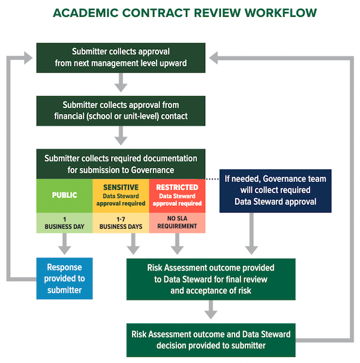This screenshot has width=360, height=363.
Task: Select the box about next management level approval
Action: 121,57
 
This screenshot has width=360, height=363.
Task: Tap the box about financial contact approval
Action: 121,110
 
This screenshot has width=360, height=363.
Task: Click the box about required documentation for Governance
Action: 121,163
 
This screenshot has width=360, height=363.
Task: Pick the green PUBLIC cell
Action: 64,195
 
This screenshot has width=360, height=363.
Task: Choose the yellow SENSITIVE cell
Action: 121,195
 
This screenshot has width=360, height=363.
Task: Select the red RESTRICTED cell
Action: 177,195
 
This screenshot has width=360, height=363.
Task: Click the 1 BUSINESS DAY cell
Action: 64,222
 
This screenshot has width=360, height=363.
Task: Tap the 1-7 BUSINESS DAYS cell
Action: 121,222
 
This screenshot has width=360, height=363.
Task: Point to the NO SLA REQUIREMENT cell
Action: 177,222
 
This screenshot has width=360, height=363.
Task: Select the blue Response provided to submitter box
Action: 64,278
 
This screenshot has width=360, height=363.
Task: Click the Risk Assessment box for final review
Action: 211,278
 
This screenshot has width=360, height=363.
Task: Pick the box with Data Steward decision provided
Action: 211,340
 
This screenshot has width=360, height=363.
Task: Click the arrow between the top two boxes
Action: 121,82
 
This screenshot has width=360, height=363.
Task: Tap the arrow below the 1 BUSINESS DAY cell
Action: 64,244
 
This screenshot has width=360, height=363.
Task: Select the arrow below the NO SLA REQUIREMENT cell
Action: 177,244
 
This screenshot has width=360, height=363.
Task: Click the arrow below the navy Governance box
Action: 253,234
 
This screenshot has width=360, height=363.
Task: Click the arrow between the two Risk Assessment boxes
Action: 211,310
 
